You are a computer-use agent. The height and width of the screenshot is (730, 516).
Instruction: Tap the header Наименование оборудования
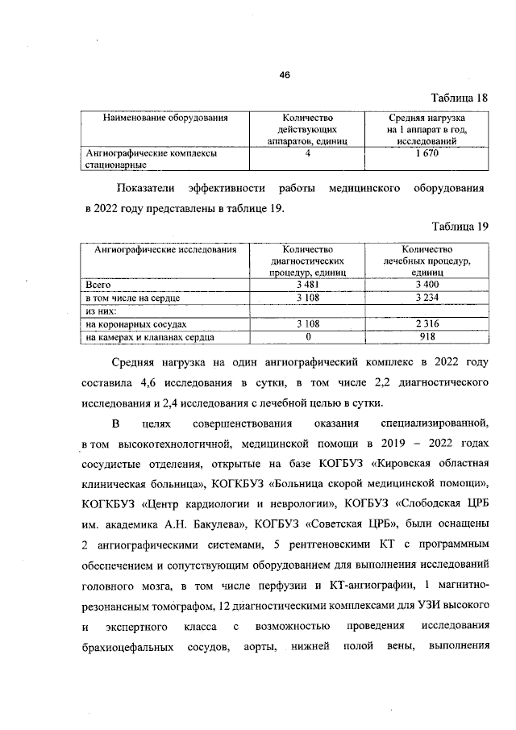point(165,119)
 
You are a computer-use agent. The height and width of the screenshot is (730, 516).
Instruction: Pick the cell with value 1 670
point(427,152)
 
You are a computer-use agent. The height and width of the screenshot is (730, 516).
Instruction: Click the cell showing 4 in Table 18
point(308,152)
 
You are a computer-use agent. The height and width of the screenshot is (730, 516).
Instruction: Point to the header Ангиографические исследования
point(165,250)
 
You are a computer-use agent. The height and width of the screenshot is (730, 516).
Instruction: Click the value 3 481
point(308,286)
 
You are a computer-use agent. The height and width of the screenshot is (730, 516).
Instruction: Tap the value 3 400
point(427,286)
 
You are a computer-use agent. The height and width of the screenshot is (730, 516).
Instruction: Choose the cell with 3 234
point(427,298)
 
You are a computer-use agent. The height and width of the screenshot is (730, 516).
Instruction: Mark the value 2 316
point(427,323)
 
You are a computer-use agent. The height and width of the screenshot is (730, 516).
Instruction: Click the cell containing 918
point(427,336)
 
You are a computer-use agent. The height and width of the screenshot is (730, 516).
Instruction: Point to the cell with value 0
point(308,336)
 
